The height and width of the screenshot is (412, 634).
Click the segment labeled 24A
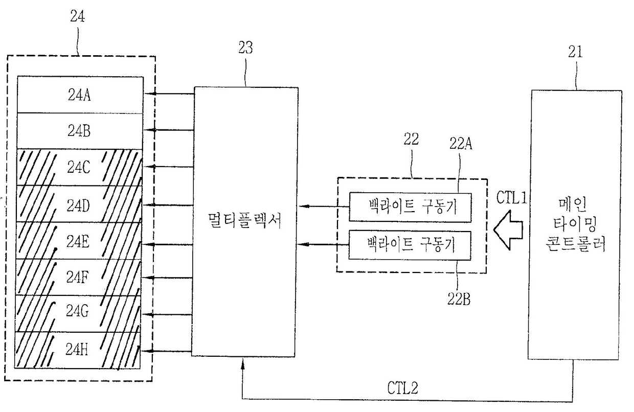[x=80, y=95]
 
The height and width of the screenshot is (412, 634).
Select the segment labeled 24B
[x=80, y=131]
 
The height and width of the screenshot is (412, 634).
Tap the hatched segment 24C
[x=80, y=168]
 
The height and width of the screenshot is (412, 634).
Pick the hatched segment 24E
[x=80, y=241]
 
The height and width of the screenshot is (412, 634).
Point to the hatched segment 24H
[x=80, y=350]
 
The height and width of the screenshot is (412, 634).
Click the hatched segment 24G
[x=80, y=313]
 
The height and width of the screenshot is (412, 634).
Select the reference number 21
[x=575, y=51]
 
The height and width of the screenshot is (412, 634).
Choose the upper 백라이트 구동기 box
[x=410, y=207]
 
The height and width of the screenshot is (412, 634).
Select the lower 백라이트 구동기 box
[x=410, y=244]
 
